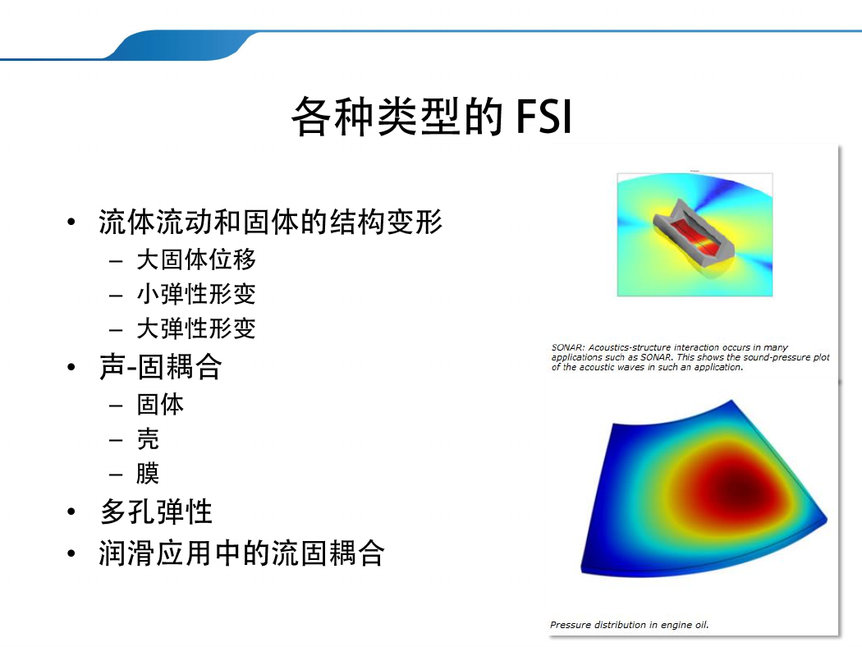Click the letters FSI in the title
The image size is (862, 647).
544,117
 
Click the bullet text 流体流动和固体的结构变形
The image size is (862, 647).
270,222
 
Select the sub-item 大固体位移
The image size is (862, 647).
196,259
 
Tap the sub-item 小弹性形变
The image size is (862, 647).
196,294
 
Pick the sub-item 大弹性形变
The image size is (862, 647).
196,328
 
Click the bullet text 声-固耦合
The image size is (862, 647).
161,367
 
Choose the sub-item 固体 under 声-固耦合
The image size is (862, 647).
161,405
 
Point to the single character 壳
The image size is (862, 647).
148,439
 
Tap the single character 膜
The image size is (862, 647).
148,473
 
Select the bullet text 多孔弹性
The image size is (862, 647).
156,512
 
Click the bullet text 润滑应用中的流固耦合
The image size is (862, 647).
242,553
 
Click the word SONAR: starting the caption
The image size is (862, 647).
568,347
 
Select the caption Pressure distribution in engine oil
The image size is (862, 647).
630,625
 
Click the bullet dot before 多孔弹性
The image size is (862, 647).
71,512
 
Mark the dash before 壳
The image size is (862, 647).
116,440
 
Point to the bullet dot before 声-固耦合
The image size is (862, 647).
71,367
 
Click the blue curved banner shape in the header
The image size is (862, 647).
181,46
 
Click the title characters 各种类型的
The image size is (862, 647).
398,117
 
